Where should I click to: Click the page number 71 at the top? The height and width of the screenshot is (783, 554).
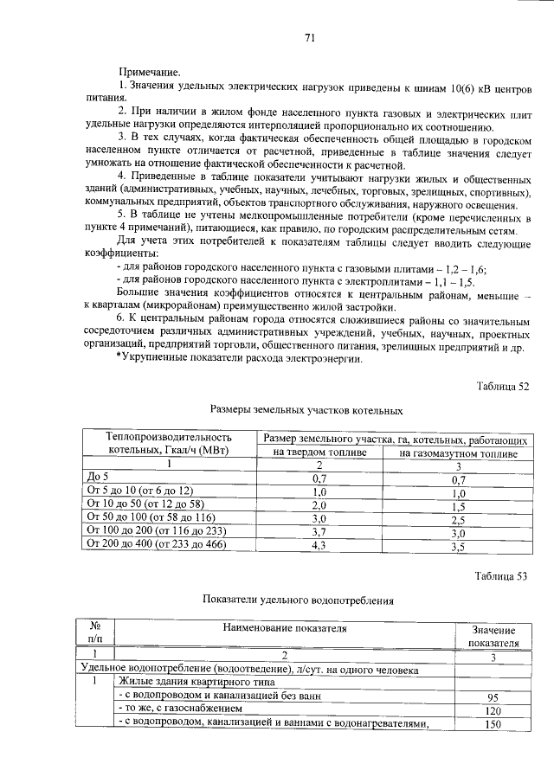[x=309, y=37]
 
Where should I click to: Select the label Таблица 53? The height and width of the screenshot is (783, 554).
[x=502, y=575]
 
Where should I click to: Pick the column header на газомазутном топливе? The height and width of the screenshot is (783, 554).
[x=458, y=452]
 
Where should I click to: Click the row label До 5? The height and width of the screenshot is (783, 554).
[x=98, y=477]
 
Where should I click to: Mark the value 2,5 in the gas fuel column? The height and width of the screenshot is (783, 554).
[x=458, y=517]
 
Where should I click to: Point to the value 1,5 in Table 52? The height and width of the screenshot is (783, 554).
[x=458, y=504]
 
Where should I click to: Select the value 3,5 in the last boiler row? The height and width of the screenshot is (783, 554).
[x=458, y=545]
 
